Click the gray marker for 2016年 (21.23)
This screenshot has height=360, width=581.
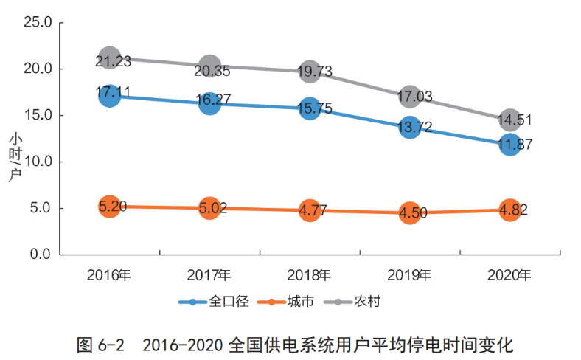[109, 57]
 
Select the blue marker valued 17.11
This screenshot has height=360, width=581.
[109, 95]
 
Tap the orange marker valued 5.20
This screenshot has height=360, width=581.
[109, 206]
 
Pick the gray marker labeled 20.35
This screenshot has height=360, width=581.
[209, 66]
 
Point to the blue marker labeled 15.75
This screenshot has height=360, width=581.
[310, 108]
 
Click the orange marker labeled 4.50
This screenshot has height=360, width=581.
[410, 213]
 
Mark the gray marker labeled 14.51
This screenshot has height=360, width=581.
[510, 120]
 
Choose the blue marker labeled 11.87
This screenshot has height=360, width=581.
[510, 144]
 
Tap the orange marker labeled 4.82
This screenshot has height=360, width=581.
[510, 210]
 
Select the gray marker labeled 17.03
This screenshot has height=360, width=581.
[410, 96]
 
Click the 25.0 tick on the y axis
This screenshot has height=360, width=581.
[37, 23]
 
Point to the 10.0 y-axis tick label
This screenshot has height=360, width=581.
[37, 162]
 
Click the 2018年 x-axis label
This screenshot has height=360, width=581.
[310, 275]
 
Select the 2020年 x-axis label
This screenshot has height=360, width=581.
[510, 275]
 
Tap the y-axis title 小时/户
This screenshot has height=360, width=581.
[15, 156]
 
